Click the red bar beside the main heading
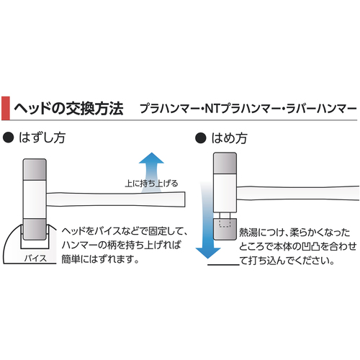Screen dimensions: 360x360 click(6, 108)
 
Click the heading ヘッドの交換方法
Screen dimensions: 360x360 click(68, 109)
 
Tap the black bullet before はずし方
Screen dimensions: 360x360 click(8, 138)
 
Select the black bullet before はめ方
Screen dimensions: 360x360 click(201, 138)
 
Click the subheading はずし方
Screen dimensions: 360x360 click(42, 138)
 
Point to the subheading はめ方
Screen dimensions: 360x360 click(229, 138)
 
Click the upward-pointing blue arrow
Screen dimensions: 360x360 click(151, 172)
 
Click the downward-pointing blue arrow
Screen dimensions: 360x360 click(207, 220)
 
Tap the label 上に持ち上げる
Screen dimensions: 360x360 click(152, 184)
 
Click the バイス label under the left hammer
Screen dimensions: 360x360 click(35, 258)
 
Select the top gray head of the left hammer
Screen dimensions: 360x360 click(35, 169)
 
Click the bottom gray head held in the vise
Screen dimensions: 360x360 click(35, 229)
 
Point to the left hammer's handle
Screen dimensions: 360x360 click(116, 199)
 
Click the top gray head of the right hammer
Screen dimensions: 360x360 click(225, 163)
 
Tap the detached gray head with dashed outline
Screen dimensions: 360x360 click(225, 229)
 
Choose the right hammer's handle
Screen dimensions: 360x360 click(298, 194)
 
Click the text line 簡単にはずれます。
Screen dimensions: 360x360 click(100, 259)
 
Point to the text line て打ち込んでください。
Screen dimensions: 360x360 click(287, 261)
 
